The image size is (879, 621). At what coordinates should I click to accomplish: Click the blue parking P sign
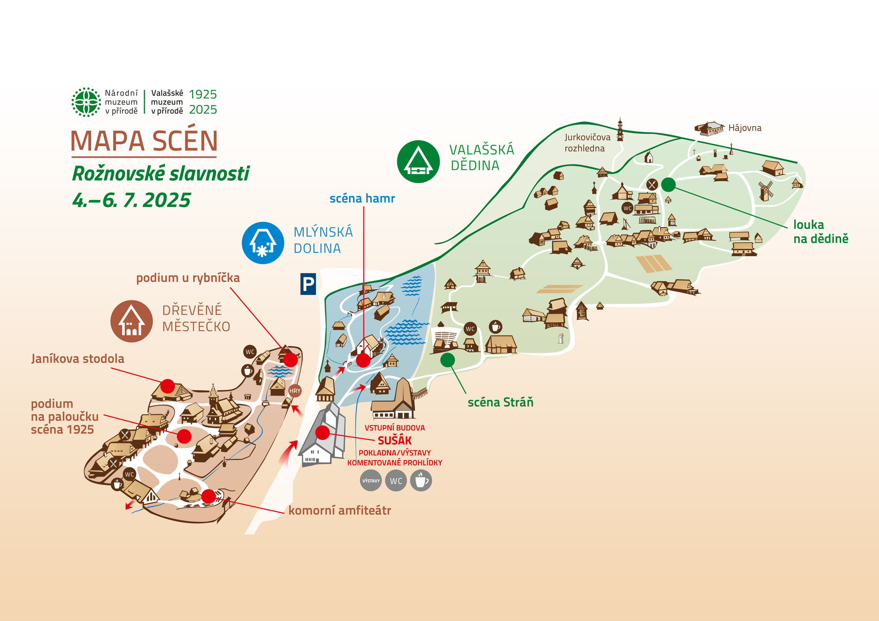coord(308,284)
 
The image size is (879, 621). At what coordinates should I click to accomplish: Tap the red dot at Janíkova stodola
coord(167,386)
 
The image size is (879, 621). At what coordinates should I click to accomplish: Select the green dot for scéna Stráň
coord(448,360)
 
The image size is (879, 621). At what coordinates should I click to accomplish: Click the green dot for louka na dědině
coord(668,184)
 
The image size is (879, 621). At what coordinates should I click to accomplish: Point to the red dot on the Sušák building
coord(322,432)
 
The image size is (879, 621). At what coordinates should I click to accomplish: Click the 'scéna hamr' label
coord(362,198)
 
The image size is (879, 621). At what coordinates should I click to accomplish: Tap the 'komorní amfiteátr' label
coord(340,510)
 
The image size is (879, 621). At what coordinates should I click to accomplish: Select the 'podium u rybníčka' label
coord(188,278)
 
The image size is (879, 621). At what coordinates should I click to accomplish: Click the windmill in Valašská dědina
coord(765,191)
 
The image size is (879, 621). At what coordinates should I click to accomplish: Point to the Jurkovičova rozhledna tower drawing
coord(620,129)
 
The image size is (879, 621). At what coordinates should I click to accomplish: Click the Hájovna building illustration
coord(710,129)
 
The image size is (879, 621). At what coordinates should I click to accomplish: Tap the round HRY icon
coord(295,391)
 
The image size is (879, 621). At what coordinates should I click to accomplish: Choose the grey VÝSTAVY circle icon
coord(371,481)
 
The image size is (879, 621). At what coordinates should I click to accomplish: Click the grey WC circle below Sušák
coord(396,481)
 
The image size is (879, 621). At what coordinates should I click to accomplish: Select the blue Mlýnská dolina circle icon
coord(263,243)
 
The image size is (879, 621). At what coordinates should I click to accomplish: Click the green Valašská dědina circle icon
coord(418,162)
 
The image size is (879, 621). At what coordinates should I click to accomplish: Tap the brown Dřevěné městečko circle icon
coord(132,321)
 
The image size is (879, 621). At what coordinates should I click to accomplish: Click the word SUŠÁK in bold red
coord(395,441)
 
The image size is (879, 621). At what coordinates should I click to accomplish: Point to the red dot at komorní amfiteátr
coord(209,496)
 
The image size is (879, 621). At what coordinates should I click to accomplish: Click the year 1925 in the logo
coord(203,94)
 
